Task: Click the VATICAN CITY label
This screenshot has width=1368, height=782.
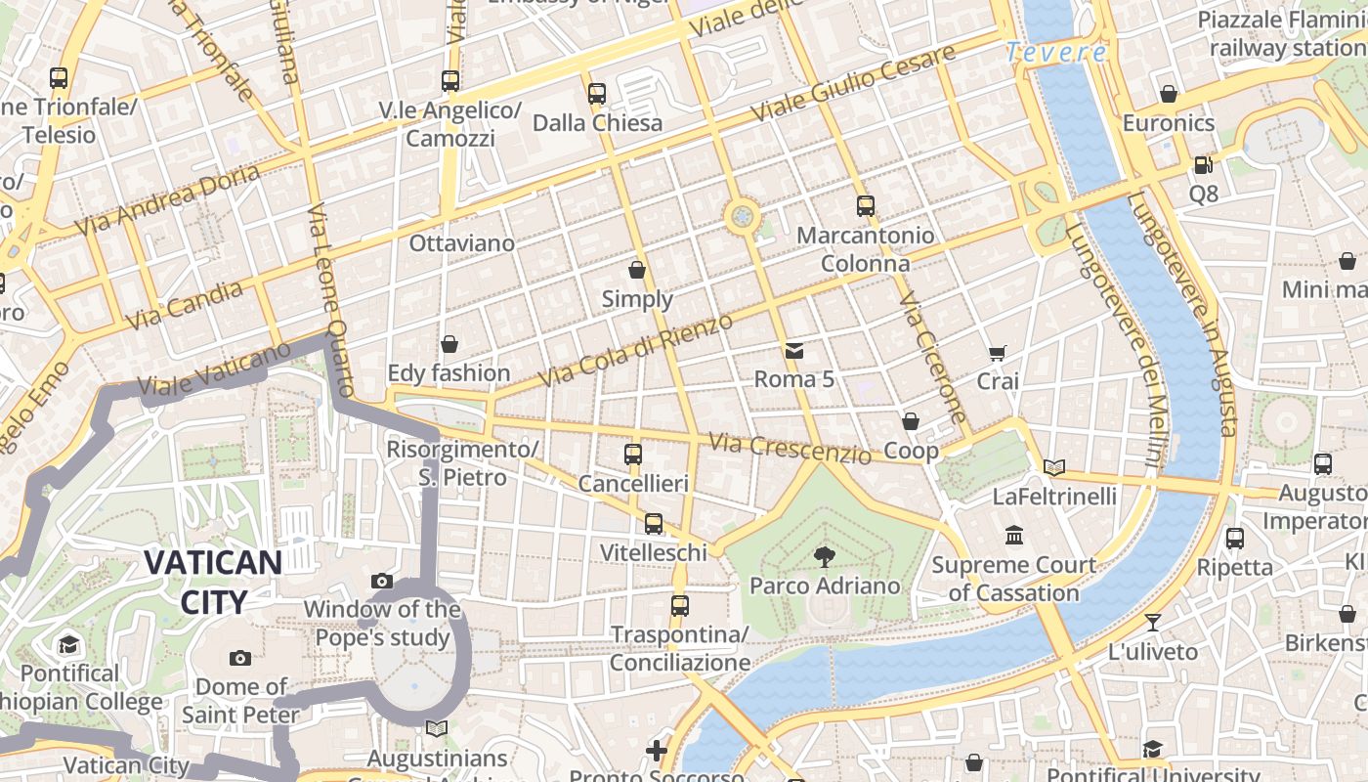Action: [213, 582]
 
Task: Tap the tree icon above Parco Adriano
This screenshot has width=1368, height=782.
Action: [824, 557]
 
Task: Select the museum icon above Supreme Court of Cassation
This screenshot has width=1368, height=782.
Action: [1014, 536]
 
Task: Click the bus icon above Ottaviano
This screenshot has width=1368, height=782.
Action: [449, 81]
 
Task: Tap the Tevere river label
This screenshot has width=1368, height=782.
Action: [1056, 53]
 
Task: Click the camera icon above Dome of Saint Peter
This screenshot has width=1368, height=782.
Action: [240, 658]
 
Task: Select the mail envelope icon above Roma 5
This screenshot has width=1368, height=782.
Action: [793, 350]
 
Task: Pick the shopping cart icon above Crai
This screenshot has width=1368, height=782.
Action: [997, 353]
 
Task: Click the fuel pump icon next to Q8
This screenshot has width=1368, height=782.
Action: [1203, 165]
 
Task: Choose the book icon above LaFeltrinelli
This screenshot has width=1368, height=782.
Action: [1053, 467]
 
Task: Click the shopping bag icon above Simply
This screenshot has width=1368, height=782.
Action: [637, 270]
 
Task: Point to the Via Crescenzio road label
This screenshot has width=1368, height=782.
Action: [790, 449]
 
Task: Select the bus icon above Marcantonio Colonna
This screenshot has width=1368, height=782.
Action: [865, 206]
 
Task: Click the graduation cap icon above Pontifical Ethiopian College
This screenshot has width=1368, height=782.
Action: [68, 645]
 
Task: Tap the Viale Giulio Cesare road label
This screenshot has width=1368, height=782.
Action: [853, 84]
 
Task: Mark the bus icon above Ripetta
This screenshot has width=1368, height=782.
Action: [1234, 538]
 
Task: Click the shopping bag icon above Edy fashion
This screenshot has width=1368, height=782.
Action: [449, 344]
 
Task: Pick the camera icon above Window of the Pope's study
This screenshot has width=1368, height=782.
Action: [382, 582]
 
